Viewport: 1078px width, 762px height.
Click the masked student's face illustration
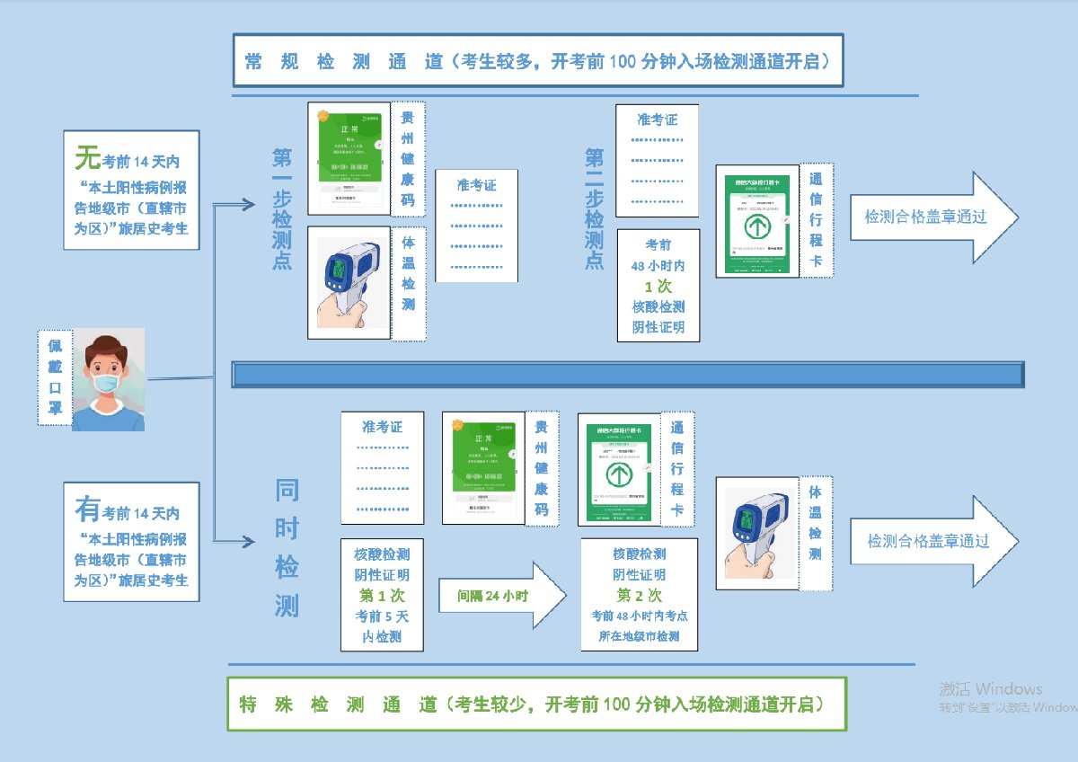point(108,377)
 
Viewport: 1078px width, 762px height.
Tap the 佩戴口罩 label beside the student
point(55,378)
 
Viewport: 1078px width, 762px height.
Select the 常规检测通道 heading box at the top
point(537,61)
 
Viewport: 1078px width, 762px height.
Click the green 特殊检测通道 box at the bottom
point(536,704)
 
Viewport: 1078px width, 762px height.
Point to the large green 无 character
point(87,158)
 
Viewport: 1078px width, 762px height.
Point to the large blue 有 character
point(87,510)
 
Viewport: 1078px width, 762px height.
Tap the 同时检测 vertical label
point(287,548)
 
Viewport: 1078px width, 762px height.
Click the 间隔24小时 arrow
point(501,595)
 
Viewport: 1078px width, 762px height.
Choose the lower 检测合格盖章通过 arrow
point(934,541)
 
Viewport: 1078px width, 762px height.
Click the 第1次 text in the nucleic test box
point(382,595)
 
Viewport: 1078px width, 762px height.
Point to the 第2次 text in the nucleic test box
point(639,595)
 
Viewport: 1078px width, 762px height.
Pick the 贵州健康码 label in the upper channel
point(408,159)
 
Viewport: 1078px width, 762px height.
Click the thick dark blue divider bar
point(627,374)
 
